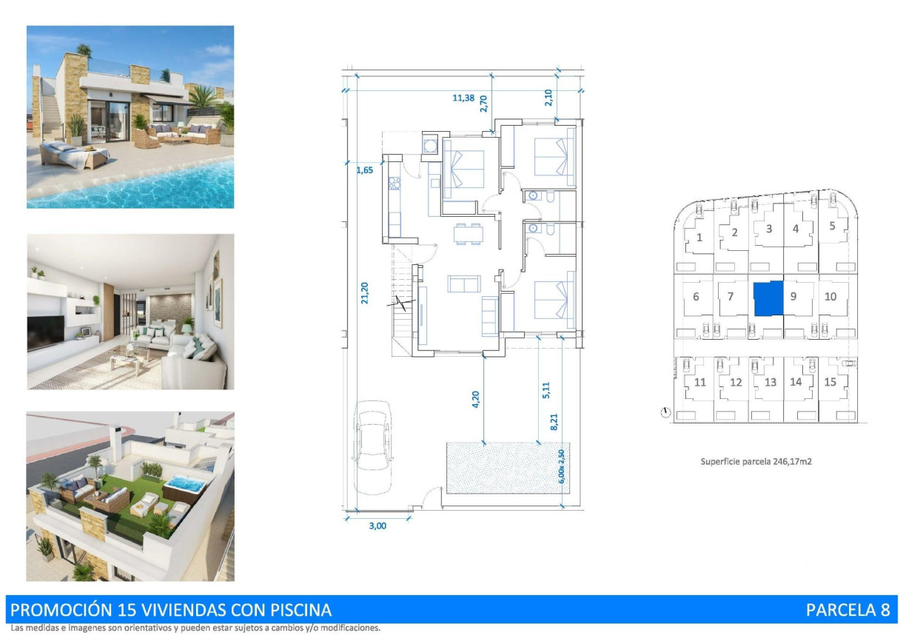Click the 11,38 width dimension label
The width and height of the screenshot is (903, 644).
[x=463, y=97]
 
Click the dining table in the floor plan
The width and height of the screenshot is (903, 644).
[x=467, y=233]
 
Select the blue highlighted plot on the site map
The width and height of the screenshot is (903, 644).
[x=768, y=298]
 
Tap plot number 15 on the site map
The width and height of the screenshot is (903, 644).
[x=830, y=382]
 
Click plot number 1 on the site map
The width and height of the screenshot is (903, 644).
[x=699, y=238]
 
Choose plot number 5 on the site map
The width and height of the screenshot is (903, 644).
[x=832, y=226]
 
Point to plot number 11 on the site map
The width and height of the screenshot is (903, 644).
[x=700, y=382]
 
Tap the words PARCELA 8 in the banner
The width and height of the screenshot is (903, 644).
[x=847, y=610]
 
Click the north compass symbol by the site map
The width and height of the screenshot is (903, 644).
[x=665, y=412]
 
